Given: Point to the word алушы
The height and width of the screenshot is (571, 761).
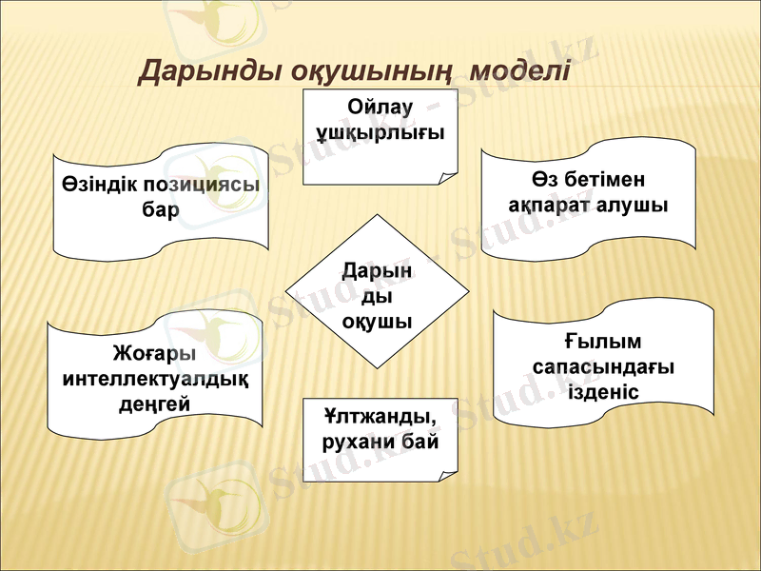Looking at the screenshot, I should [x=631, y=204].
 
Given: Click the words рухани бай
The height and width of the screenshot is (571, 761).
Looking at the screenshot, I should [x=380, y=442].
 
